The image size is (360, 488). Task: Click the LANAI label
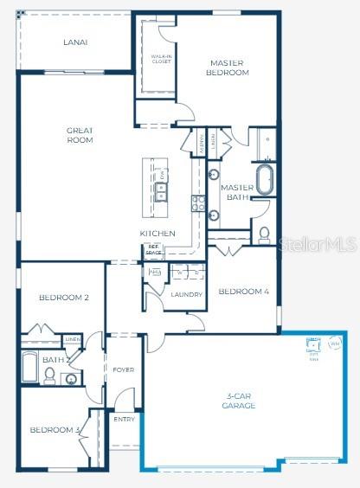pos(75,42)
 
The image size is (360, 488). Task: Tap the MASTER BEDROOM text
pos(228,67)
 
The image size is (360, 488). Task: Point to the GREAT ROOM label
pos(80,135)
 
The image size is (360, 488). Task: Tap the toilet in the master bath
pos(264,234)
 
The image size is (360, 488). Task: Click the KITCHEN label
pos(157,234)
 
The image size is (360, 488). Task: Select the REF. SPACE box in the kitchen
pos(154,250)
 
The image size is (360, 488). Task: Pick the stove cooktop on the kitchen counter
pos(196,204)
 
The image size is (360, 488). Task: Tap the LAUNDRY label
pos(186,295)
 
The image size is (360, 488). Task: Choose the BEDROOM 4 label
pos(243,292)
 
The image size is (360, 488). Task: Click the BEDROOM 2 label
pos(64,298)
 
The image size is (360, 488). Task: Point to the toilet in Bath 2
pos(50,376)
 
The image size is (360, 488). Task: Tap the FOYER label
pos(123,370)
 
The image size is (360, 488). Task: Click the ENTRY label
pos(124,419)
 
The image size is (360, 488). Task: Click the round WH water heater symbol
pos(335,344)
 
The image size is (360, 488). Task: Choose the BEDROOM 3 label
pos(55,430)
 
